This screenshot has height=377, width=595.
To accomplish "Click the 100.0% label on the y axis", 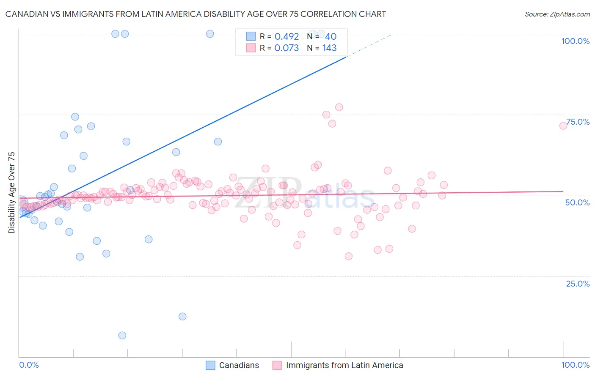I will (x=575, y=41).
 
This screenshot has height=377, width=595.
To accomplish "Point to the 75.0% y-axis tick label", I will (x=578, y=122).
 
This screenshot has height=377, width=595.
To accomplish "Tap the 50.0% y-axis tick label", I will (x=577, y=202).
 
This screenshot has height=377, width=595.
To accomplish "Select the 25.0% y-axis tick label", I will (x=578, y=283).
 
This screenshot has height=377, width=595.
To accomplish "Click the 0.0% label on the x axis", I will (x=29, y=365).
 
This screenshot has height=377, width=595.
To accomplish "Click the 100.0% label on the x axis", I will (x=575, y=365).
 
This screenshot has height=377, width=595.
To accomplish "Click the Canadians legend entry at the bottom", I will (x=232, y=365).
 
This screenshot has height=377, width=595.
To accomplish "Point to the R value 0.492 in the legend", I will (x=286, y=37).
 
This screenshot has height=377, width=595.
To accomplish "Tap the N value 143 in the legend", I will (x=329, y=48).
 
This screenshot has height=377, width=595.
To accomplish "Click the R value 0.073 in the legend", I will (x=286, y=48).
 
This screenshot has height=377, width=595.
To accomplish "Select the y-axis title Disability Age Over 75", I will (x=11, y=192).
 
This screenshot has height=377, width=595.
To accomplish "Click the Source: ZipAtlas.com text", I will (x=557, y=14).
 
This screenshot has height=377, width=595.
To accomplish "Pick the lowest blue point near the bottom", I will (x=122, y=336).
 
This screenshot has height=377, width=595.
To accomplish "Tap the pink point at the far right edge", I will (x=563, y=126).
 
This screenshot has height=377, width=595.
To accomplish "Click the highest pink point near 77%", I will (x=339, y=107).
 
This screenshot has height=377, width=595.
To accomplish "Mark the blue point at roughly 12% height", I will (x=182, y=317).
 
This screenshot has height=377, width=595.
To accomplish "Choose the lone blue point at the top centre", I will (x=210, y=34).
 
